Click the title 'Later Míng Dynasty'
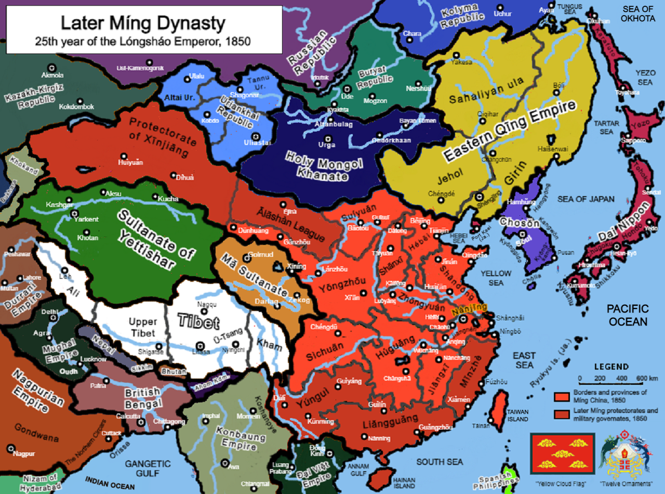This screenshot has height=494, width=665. (143, 24)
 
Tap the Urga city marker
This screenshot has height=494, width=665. (327, 138)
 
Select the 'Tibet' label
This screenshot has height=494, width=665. (198, 321)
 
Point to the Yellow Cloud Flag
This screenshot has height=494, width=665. (562, 453)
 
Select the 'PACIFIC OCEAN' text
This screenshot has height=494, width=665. (628, 315)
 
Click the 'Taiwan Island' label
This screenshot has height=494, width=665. (517, 414)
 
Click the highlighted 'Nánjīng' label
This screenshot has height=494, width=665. (469, 308)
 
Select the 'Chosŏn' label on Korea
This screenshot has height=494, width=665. (520, 222)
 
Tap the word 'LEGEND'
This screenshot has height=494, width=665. (611, 367)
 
